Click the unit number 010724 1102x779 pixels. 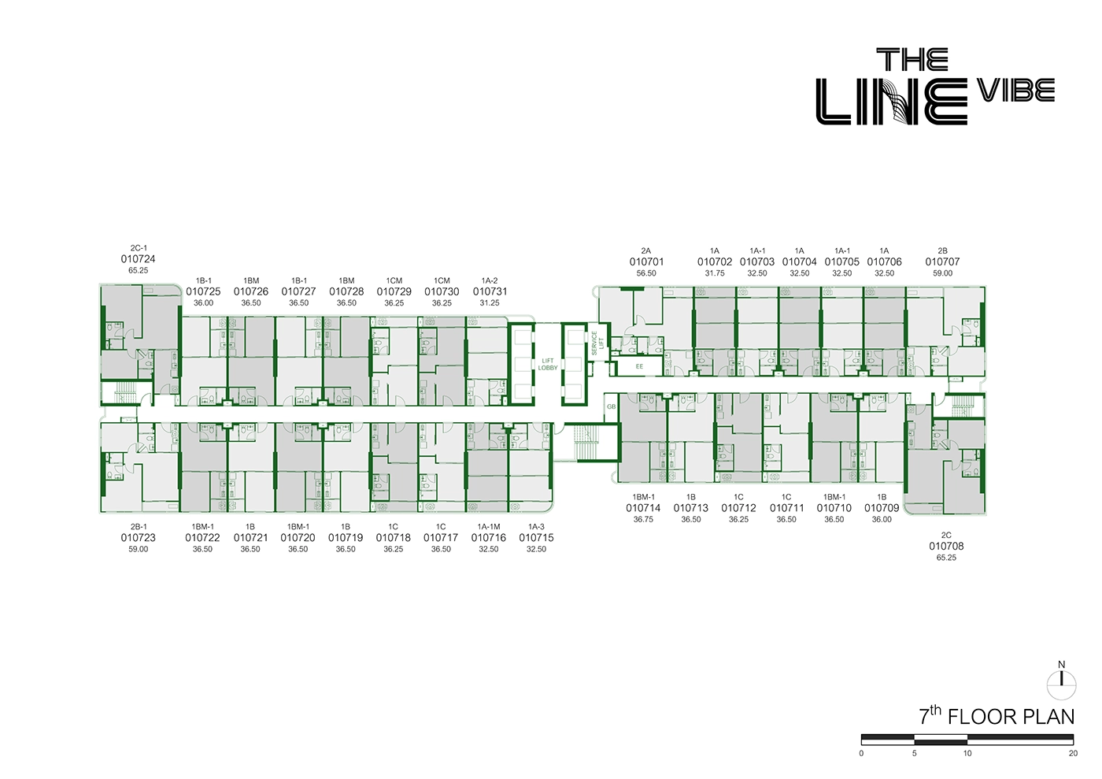click(138, 259)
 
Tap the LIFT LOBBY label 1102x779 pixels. click(548, 365)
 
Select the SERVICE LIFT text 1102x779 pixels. click(597, 342)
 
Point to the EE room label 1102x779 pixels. click(639, 366)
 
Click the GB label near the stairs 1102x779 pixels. click(611, 407)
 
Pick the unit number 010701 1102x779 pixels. click(646, 262)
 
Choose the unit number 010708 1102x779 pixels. click(946, 547)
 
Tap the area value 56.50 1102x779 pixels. click(646, 273)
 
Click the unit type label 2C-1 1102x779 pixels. click(139, 248)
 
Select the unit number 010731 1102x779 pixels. click(490, 291)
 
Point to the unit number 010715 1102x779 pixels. click(536, 538)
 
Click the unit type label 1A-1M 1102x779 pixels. click(489, 527)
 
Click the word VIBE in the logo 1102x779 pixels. click(1015, 91)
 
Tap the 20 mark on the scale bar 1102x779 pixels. click(1073, 754)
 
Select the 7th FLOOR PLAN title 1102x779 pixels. click(997, 716)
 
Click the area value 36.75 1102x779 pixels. click(643, 520)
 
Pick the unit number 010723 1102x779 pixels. click(138, 538)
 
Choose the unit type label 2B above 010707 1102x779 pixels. click(942, 251)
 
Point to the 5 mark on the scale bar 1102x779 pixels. click(915, 754)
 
